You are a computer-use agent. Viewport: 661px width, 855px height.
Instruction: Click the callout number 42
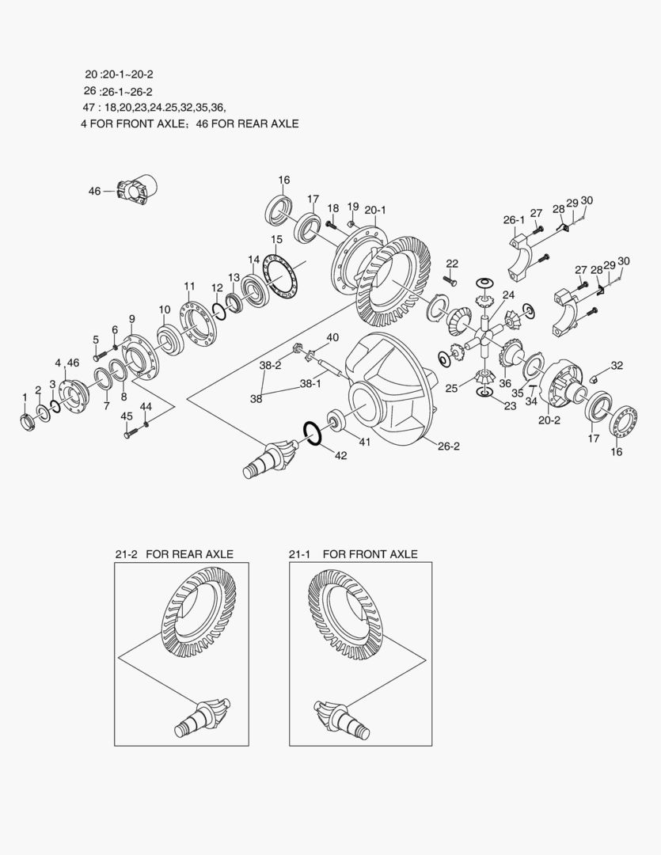340,455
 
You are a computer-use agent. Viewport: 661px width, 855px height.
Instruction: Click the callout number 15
276,239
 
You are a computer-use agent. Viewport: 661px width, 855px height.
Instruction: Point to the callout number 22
452,264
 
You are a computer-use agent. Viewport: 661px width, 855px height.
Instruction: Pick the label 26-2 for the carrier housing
448,446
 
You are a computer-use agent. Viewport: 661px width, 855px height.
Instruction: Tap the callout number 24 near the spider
497,294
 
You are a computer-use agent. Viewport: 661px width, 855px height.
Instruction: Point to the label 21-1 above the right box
301,554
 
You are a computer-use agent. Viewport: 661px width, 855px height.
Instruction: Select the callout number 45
127,416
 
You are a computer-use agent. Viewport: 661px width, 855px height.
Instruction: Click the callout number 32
617,366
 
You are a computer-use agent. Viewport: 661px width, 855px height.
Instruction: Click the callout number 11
189,286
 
